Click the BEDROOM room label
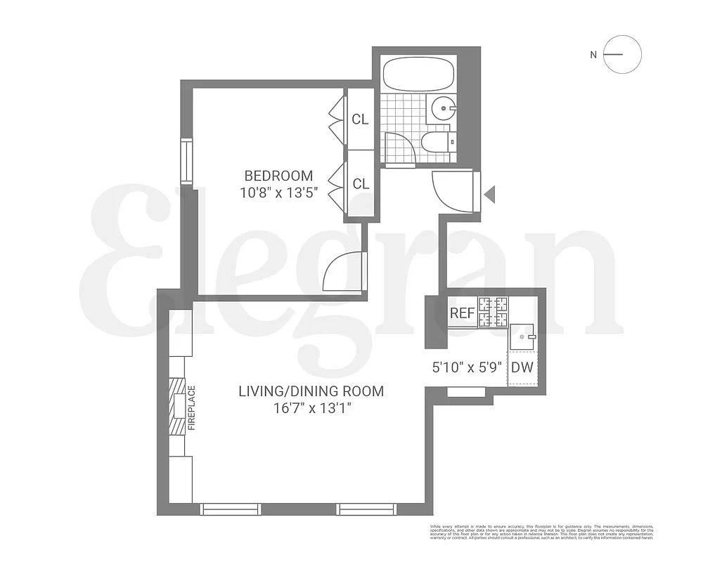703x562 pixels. (278, 176)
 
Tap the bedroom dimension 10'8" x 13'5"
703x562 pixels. (278, 193)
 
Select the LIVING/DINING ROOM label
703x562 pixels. (311, 391)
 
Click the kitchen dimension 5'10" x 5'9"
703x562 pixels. (466, 366)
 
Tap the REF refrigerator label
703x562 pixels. (462, 313)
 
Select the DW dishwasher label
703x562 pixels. (522, 367)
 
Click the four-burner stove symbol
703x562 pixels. (493, 312)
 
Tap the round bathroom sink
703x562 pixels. (443, 108)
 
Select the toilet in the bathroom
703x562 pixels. (437, 143)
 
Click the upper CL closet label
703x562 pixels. (360, 119)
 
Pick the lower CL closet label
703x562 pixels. (361, 184)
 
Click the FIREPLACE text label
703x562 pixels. (191, 408)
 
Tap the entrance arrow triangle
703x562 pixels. (490, 194)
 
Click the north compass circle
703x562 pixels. (623, 55)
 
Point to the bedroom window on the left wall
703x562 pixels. (186, 162)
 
